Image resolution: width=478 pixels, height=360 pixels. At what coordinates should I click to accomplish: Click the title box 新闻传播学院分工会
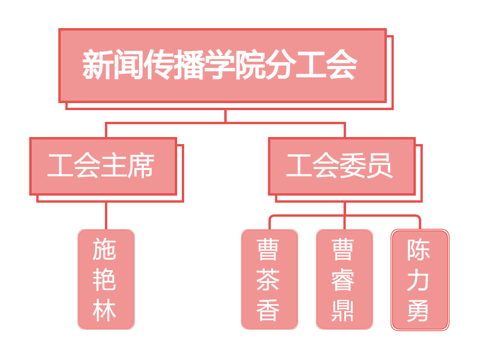222,65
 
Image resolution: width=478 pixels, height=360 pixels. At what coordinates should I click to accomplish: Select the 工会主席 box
103,166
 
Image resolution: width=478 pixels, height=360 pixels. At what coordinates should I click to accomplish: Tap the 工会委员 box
342,166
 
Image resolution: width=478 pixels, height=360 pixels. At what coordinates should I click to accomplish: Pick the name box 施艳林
106,279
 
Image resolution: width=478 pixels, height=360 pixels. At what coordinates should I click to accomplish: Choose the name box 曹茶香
270,279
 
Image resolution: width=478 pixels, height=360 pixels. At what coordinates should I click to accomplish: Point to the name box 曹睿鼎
345,279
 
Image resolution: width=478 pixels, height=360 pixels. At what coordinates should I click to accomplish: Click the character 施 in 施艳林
104,249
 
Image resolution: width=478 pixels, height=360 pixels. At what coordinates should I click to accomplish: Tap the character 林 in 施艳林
104,310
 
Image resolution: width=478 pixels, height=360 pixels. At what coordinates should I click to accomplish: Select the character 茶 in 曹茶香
268,279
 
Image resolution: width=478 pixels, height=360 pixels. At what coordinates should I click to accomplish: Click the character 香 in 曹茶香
268,310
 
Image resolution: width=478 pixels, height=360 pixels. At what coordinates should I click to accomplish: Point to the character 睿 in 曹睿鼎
343,279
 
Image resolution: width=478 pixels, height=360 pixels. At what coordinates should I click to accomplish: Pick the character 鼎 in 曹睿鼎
343,310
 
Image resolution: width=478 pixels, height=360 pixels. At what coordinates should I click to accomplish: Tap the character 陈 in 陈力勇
418,250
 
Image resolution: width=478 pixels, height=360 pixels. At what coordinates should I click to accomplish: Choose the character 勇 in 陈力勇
418,310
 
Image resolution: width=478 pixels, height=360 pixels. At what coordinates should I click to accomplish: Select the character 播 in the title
189,64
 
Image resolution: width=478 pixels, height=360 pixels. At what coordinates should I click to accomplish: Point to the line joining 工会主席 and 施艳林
106,216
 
